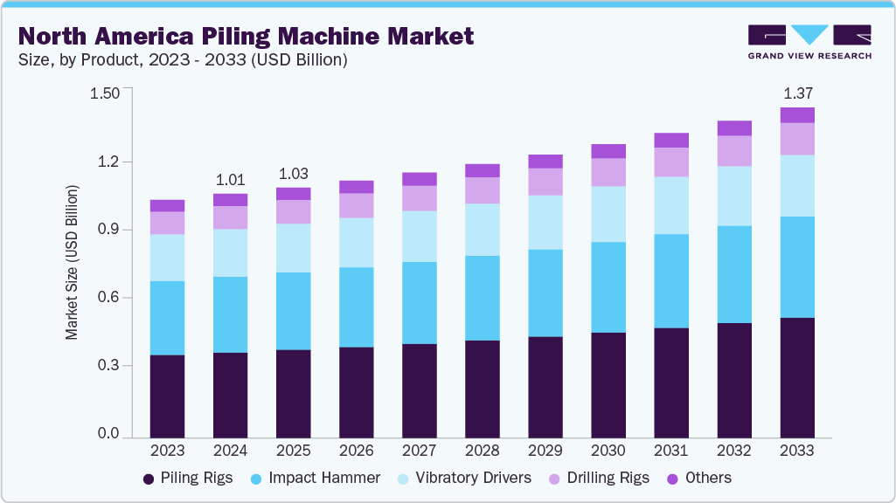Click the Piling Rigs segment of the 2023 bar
[167, 396]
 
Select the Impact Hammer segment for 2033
[796, 267]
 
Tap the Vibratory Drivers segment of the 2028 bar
[482, 230]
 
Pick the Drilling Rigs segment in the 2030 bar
[608, 172]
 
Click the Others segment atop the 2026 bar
[356, 187]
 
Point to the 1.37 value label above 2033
[796, 93]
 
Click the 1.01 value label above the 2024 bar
[230, 180]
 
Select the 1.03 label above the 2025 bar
[293, 173]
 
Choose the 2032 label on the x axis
[733, 451]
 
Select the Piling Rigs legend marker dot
[149, 479]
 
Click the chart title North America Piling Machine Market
[246, 36]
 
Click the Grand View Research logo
[809, 42]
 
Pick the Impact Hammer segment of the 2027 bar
[419, 303]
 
